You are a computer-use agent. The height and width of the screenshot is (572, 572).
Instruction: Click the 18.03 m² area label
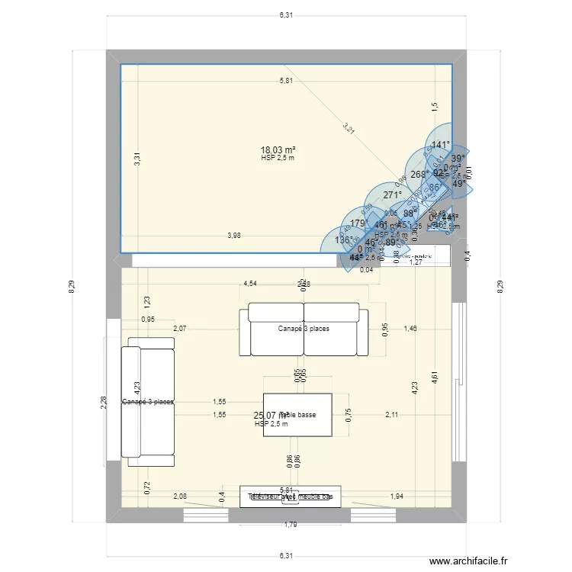click(278, 151)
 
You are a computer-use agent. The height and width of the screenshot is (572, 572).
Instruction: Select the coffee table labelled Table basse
click(297, 415)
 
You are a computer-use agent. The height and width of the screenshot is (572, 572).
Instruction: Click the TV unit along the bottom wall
click(290, 496)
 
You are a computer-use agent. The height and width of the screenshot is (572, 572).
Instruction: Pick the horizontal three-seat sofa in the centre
click(304, 329)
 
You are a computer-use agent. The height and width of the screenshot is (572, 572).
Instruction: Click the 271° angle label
click(392, 195)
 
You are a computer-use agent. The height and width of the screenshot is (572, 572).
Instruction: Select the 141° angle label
click(441, 145)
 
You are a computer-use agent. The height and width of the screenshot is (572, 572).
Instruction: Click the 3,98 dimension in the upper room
click(234, 236)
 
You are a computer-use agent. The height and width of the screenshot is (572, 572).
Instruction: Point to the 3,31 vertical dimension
click(137, 159)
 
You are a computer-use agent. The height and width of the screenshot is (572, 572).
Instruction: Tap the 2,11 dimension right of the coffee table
click(392, 415)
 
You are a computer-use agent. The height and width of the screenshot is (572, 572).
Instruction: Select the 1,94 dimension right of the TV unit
click(397, 496)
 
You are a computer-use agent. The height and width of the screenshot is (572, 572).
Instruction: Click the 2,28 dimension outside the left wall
click(104, 401)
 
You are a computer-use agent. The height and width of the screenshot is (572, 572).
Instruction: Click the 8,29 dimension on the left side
click(72, 287)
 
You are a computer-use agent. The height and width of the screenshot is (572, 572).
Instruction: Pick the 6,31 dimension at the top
click(285, 14)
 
